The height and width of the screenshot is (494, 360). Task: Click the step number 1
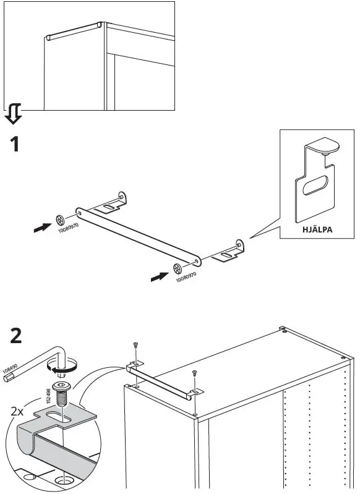[x=13, y=145]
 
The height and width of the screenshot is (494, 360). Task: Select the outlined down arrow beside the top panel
[x=14, y=114]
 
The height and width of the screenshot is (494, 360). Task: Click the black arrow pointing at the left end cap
[x=42, y=228]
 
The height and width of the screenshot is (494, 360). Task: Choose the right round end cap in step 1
[x=177, y=268]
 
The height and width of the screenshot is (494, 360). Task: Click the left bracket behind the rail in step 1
[x=112, y=204]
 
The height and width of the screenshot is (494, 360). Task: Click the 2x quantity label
[x=19, y=411]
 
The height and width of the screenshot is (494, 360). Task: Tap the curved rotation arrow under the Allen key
[x=59, y=369]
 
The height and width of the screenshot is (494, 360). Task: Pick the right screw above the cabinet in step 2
[x=195, y=373]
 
